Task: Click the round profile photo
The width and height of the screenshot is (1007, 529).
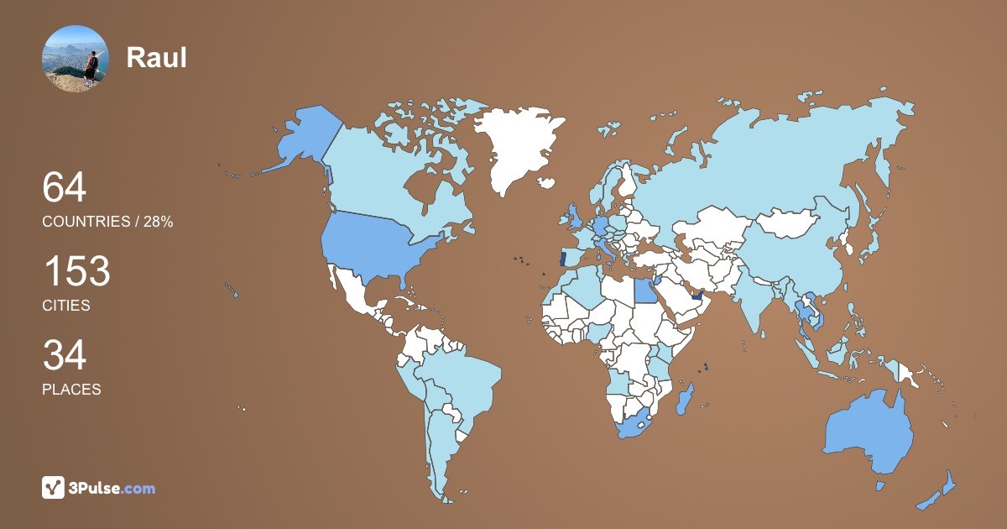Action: coord(75,59)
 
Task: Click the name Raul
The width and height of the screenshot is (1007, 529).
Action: coord(156,57)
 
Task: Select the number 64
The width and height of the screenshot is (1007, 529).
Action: coord(65,187)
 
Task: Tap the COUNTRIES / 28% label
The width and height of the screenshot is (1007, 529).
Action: coord(107,222)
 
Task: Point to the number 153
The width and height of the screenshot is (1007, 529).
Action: coord(76,271)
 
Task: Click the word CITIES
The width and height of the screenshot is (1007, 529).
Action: coord(66,306)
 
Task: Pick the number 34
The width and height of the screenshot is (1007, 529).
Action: coord(65,355)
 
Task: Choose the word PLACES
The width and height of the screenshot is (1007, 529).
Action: coord(71,390)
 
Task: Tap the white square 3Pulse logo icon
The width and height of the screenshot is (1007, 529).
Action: coord(54,487)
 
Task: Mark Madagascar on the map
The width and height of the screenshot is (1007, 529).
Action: coord(685,397)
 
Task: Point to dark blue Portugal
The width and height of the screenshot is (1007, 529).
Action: coord(562,259)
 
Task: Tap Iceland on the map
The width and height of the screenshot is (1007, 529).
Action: coord(548,181)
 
